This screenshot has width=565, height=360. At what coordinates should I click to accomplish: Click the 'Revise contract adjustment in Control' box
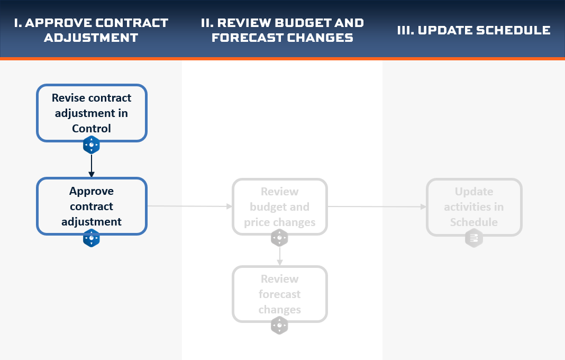(92, 113)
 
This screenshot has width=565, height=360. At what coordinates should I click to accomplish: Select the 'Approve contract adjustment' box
(92, 206)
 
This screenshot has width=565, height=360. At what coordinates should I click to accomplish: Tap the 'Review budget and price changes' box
(280, 206)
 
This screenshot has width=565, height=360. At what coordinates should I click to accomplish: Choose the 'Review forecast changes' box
(280, 294)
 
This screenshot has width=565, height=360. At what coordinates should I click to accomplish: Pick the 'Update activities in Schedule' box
(474, 207)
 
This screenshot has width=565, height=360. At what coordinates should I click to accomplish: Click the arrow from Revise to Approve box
(92, 166)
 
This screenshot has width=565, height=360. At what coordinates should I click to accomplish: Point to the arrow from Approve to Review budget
(190, 206)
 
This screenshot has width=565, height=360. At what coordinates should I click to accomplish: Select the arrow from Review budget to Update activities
(377, 206)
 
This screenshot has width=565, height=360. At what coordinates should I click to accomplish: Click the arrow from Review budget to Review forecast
(280, 256)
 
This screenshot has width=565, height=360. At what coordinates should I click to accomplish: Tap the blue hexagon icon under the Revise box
(92, 145)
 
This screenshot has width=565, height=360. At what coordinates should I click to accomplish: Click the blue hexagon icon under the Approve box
(92, 238)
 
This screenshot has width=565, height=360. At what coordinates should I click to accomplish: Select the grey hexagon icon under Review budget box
(280, 238)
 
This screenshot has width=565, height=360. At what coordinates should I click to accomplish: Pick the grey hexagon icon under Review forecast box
(280, 326)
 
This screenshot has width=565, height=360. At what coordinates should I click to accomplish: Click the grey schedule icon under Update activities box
(474, 238)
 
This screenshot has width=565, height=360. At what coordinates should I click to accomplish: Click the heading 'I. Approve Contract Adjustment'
(91, 30)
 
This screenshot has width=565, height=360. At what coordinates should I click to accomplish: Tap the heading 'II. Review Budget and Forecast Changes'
(282, 30)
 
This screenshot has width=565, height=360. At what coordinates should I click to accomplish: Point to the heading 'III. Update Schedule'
(474, 30)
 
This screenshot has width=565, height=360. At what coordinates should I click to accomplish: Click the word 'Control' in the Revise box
(92, 129)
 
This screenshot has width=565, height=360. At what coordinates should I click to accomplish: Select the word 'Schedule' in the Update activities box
(474, 222)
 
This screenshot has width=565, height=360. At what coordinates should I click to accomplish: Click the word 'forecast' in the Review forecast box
(280, 294)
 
